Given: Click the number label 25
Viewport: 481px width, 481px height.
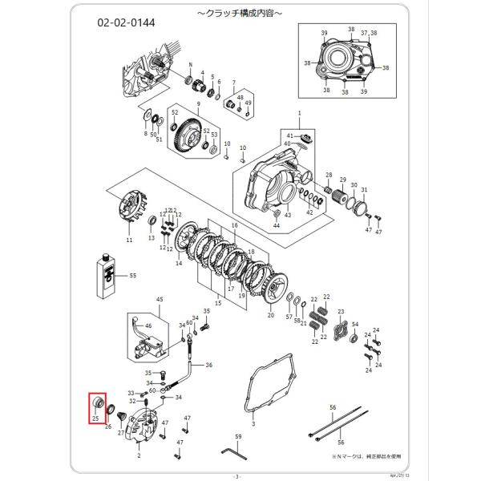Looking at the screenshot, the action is [95, 418].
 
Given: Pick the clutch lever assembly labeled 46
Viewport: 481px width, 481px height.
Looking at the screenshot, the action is [145, 337].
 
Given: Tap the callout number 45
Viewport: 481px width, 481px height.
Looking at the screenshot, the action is [159, 299].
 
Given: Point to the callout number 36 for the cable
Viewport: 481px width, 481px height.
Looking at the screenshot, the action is [208, 365].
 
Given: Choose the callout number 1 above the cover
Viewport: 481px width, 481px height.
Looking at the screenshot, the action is [298, 115].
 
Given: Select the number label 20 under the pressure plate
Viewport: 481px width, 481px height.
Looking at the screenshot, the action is [270, 317].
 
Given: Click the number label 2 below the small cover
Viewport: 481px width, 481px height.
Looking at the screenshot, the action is [139, 455].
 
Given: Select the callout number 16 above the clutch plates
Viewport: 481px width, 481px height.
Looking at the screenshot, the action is [235, 227].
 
